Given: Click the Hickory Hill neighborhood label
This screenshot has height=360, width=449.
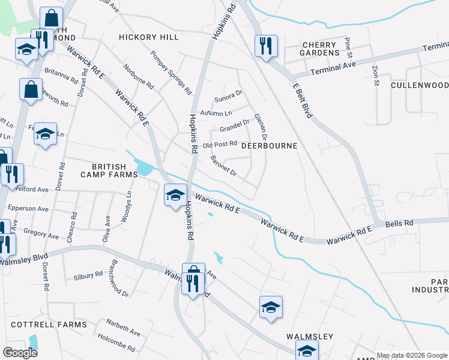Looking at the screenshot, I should click(149, 37).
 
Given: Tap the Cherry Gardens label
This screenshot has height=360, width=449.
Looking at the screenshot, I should click(321, 49).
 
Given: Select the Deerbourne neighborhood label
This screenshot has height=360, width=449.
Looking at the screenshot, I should click(270, 146).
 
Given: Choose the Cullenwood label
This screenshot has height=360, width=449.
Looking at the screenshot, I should click(419, 85).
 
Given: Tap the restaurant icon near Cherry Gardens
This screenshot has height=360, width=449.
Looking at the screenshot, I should click(266, 46).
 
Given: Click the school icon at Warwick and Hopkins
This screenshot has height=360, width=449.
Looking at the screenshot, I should click(175, 194).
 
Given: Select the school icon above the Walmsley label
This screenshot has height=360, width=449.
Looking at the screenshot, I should click(271, 307).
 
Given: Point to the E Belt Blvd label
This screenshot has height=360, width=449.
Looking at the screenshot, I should click(302, 99).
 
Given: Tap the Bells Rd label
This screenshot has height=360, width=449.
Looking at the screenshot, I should click(399, 223).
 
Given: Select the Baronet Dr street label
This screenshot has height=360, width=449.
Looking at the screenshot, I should click(223, 166).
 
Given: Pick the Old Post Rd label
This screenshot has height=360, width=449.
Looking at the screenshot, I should click(220, 145).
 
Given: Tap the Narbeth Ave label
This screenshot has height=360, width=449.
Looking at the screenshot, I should click(123, 332).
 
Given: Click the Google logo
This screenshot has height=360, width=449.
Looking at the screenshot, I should click(20, 353).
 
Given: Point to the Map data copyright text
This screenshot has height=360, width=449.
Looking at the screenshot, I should click(412, 355).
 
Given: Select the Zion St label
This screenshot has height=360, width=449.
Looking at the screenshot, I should click(376, 75).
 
